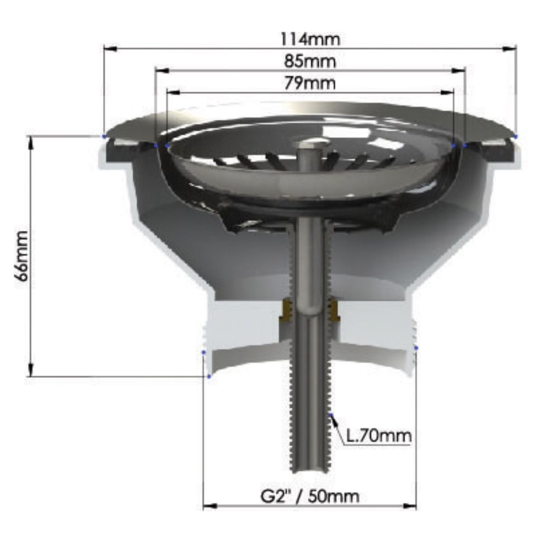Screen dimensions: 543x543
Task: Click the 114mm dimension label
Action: (310, 39)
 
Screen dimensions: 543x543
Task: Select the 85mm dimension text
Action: (310, 61)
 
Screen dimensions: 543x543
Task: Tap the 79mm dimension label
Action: (310, 83)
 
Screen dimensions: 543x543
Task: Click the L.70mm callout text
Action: (379, 436)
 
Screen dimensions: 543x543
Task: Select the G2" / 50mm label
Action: (310, 497)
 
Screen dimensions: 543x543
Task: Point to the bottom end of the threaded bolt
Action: (310, 470)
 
